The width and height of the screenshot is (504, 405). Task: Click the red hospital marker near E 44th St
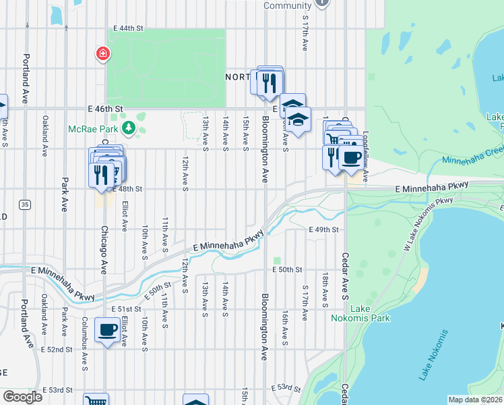point(102,53)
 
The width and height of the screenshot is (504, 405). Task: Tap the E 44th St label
point(129,28)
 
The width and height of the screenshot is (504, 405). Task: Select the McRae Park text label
point(93,128)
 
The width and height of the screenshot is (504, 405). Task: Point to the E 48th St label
point(130,189)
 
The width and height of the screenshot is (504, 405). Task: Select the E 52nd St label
point(56,349)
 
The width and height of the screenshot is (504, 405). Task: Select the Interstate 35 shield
point(24,204)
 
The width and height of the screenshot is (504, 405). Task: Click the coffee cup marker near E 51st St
point(108,331)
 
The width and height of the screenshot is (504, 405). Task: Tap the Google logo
point(22,396)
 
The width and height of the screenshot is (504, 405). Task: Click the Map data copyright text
point(474,400)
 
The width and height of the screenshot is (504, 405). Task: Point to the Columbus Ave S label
point(85,352)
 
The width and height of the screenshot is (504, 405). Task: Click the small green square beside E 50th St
point(277,261)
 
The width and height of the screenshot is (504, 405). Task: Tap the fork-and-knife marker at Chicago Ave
point(101,173)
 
